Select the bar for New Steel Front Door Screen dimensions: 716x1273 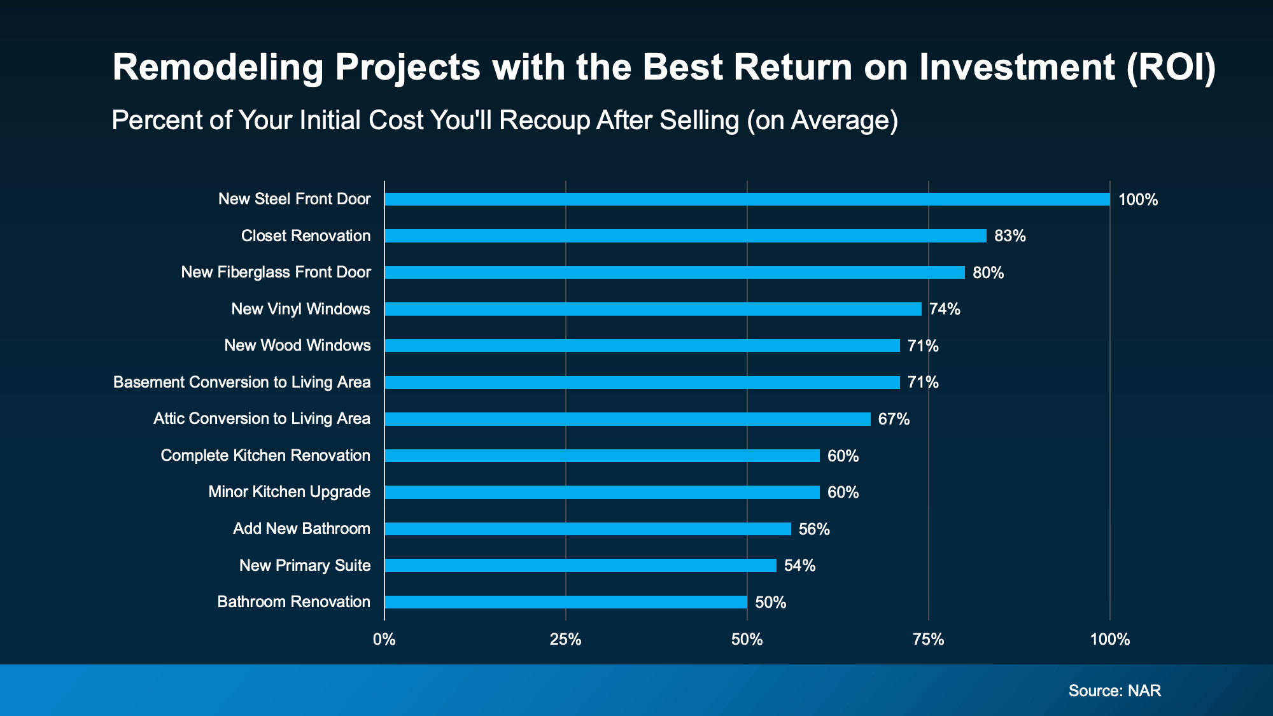747,199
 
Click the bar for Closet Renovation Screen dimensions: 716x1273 685,236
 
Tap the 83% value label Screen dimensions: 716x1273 1010,236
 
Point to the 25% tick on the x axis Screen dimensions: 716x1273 565,640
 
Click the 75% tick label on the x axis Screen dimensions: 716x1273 928,640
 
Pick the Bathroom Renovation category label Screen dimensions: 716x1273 293,602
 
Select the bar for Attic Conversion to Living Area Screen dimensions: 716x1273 627,419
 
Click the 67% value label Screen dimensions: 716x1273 894,419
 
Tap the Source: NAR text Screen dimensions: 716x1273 1115,691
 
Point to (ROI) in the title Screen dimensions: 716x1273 1171,67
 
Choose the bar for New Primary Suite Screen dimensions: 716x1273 580,565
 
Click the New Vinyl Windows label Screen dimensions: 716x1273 300,309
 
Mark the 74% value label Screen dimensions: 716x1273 945,309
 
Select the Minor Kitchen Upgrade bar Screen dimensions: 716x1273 601,492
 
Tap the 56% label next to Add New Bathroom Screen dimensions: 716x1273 814,530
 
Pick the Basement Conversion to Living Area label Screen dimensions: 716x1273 242,383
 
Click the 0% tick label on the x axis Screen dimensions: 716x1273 384,640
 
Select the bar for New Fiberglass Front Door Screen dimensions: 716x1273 674,272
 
